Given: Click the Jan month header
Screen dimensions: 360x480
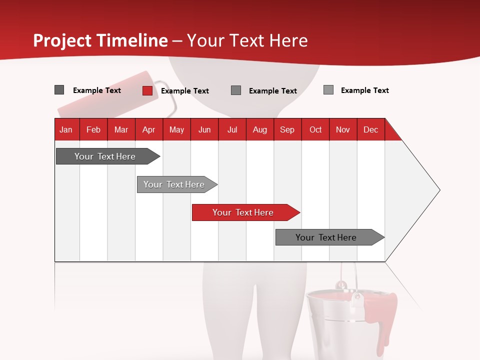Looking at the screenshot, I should [66, 129].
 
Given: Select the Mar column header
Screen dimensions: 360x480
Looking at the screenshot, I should [121, 129].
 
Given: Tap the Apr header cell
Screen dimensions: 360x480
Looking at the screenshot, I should [148, 129].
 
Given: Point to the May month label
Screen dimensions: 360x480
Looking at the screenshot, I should [176, 129].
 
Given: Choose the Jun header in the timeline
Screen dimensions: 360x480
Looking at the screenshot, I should [204, 129].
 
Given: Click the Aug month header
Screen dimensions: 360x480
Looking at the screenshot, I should [259, 129].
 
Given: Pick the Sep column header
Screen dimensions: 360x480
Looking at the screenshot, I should [287, 129].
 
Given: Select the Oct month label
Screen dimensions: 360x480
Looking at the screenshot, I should [315, 129].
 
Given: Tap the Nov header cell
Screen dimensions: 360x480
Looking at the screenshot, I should [343, 129].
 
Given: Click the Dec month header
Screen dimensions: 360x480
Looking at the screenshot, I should [370, 129].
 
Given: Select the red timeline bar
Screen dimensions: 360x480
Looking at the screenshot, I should [243, 212].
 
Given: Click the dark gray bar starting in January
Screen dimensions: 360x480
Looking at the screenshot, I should [105, 156].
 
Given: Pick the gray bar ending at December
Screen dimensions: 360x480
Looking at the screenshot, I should [326, 237].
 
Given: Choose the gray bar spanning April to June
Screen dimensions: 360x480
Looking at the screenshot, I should [174, 184].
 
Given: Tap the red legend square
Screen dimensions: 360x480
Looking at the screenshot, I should [147, 90].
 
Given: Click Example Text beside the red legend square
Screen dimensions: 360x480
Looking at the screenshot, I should [184, 91].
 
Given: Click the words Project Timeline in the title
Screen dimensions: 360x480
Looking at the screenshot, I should [100, 40].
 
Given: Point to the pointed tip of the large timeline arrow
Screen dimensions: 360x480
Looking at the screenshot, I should [438, 190].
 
